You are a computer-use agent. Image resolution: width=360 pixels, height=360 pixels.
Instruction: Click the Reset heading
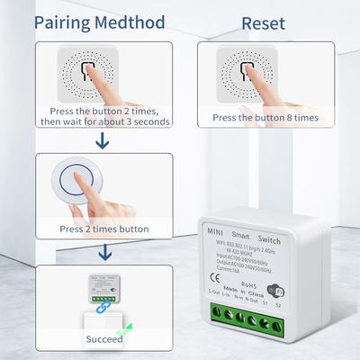(x=264, y=20)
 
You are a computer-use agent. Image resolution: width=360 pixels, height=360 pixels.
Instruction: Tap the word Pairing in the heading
(x=66, y=20)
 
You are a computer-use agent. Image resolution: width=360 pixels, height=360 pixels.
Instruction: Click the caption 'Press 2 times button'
(x=103, y=229)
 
